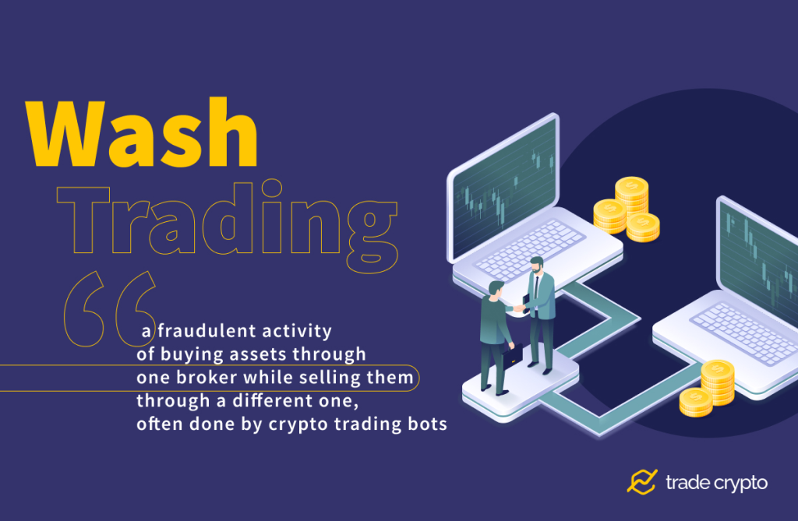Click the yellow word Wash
[143, 134]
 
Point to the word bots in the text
[426, 425]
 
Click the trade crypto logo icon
[642, 482]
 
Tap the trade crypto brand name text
[716, 483]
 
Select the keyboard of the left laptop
[531, 248]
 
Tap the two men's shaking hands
[518, 308]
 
